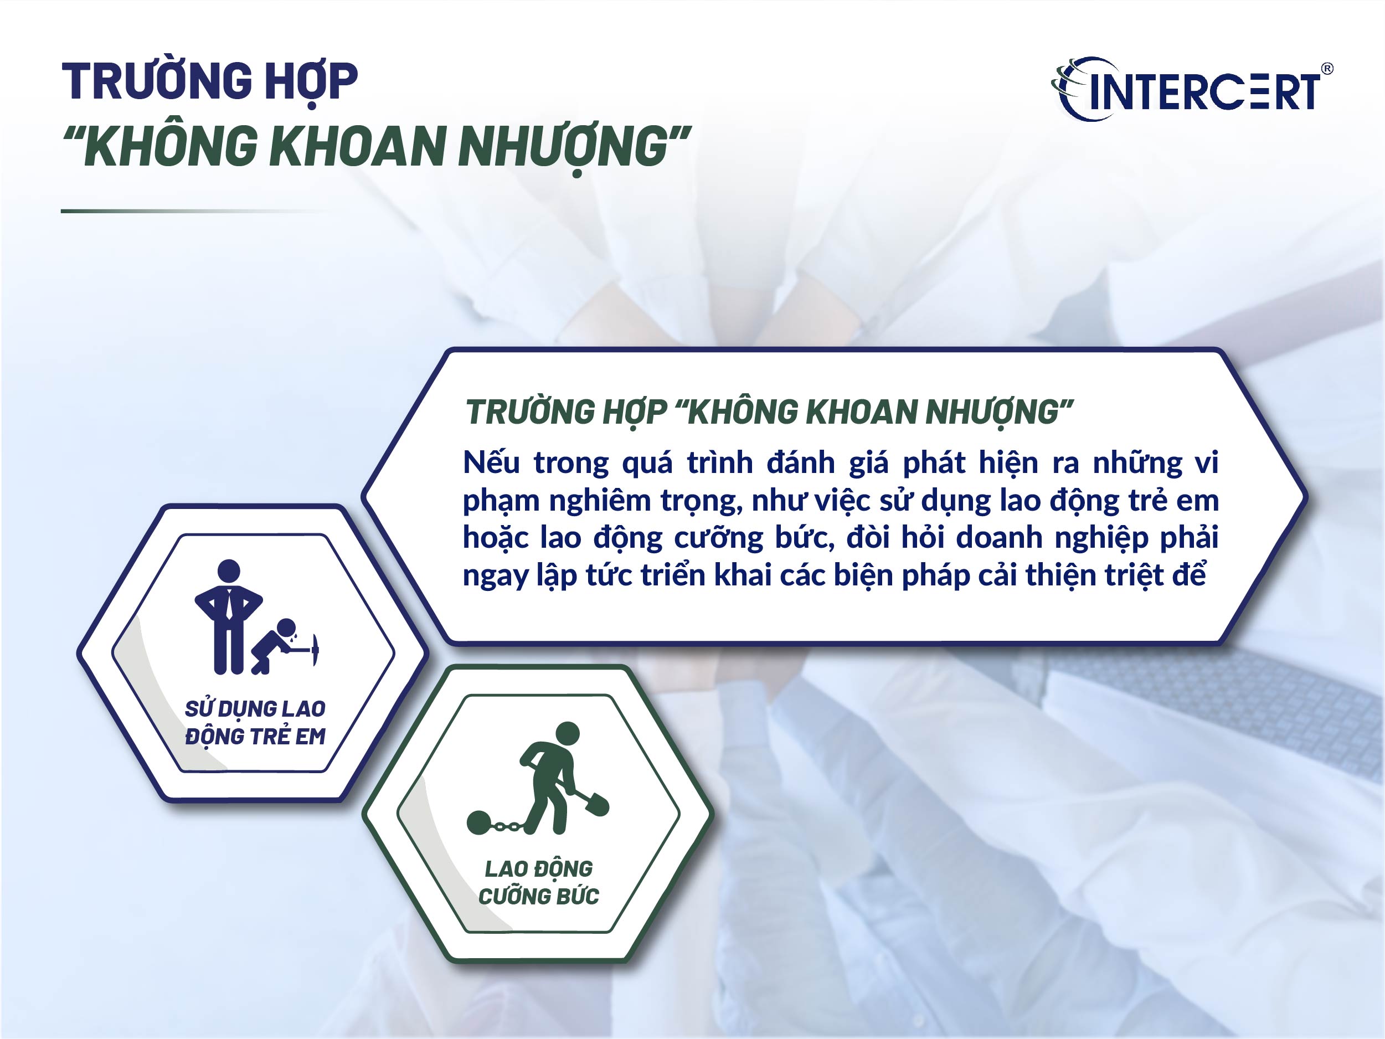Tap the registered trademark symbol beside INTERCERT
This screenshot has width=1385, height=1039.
[1326, 69]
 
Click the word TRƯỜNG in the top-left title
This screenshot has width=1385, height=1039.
[157, 81]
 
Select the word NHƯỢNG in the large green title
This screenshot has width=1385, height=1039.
[564, 147]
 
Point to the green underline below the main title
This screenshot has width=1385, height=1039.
[188, 211]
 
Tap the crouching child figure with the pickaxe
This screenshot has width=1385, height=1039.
[275, 645]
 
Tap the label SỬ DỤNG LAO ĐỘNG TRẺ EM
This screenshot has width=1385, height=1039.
[255, 723]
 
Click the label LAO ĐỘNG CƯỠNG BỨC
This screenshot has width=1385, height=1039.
[538, 882]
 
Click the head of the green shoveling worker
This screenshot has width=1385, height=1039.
[568, 733]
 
